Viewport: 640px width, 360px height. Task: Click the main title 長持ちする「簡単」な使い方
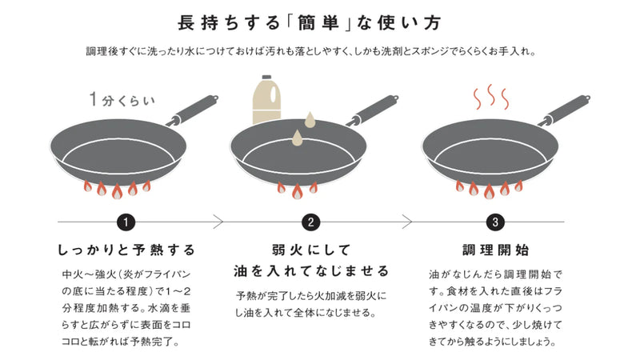point(309,23)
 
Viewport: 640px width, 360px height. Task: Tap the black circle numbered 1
point(126,222)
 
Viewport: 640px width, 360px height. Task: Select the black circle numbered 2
point(311,222)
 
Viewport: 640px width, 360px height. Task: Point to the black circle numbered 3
point(495,222)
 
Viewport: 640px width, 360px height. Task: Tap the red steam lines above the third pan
point(491,97)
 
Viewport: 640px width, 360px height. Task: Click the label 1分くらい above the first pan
point(122,99)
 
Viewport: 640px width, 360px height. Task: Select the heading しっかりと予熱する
point(126,250)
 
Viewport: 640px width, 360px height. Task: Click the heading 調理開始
point(495,250)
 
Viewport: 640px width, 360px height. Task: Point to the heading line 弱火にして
point(311,250)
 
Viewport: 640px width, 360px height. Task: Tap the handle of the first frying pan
point(193,110)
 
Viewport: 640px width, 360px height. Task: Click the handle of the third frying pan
point(564,110)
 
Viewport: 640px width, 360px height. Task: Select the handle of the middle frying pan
point(373,110)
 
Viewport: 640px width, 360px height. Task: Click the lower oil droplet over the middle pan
point(297,138)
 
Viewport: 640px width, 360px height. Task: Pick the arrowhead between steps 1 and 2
point(218,222)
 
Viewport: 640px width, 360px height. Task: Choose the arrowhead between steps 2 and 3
point(407,222)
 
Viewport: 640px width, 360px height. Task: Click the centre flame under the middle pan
point(297,191)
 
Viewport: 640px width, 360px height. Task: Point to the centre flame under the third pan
point(489,191)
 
